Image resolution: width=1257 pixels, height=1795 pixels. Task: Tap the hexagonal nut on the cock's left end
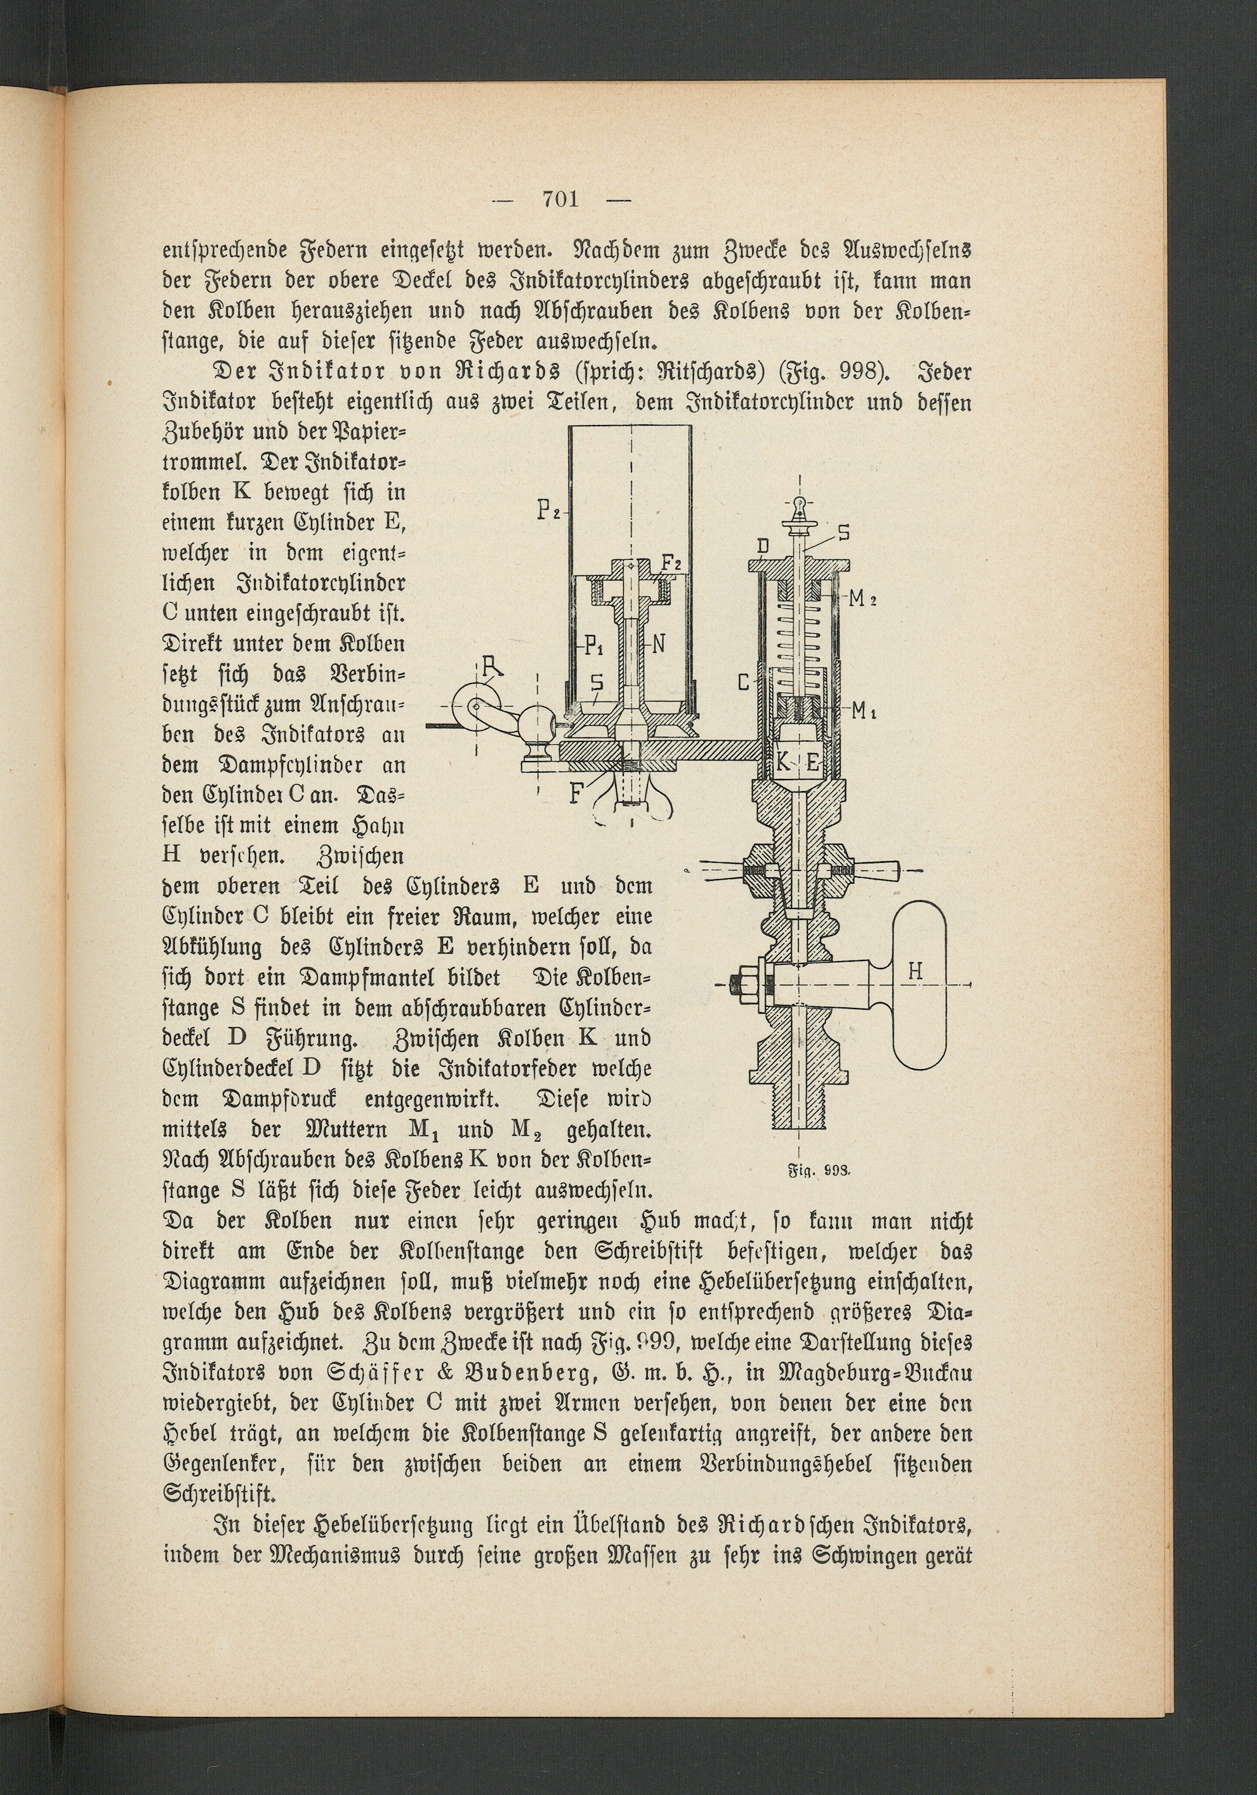pyautogui.click(x=741, y=982)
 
